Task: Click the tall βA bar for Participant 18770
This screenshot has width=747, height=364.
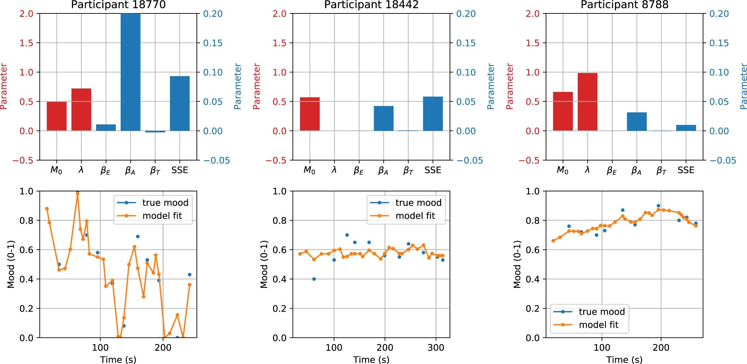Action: pyautogui.click(x=130, y=72)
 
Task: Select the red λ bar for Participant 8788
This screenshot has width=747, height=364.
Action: pyautogui.click(x=587, y=102)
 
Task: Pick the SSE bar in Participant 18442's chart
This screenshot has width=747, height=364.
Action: pyautogui.click(x=433, y=114)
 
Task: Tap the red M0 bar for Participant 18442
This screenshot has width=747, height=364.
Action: pyautogui.click(x=310, y=114)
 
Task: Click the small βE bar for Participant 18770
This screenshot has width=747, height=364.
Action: pyautogui.click(x=106, y=127)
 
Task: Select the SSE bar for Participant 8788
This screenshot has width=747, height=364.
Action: pyautogui.click(x=686, y=128)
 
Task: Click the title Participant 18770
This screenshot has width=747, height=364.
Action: pyautogui.click(x=118, y=5)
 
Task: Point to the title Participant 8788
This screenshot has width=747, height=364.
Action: pyautogui.click(x=624, y=5)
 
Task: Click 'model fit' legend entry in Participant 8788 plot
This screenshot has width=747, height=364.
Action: pyautogui.click(x=598, y=325)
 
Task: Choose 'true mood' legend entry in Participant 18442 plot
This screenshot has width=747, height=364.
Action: pyautogui.click(x=418, y=202)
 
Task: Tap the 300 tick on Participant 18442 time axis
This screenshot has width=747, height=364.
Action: pyautogui.click(x=436, y=347)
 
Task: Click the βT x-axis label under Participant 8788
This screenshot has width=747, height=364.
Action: pyautogui.click(x=661, y=170)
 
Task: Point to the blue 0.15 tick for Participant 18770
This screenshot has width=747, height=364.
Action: pyautogui.click(x=213, y=43)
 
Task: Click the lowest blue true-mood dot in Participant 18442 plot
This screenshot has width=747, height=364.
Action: pyautogui.click(x=314, y=279)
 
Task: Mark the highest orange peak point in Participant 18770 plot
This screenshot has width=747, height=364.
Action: pyautogui.click(x=78, y=194)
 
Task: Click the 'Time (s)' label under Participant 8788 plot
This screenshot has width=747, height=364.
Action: pyautogui.click(x=624, y=360)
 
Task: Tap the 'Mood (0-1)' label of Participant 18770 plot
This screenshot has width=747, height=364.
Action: pyautogui.click(x=11, y=264)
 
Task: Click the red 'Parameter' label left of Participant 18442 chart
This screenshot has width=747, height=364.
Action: pyautogui.click(x=256, y=86)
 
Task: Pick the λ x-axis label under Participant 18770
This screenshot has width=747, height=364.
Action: pyautogui.click(x=81, y=170)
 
